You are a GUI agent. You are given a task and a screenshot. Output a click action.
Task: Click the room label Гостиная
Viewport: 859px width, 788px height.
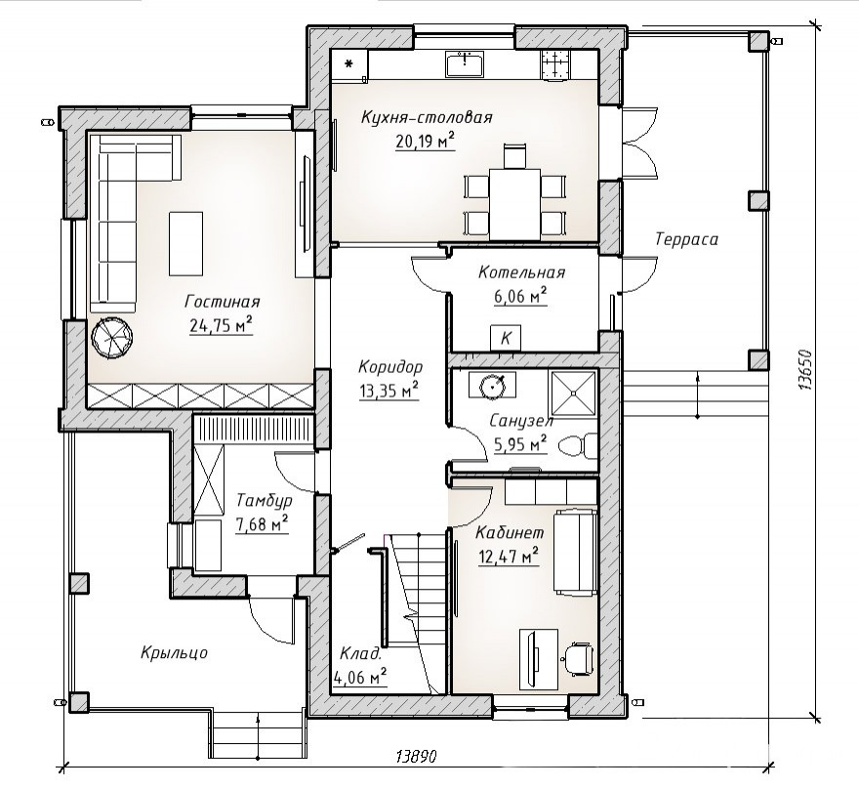[222, 302]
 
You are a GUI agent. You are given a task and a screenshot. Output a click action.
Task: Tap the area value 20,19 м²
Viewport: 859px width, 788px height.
[426, 141]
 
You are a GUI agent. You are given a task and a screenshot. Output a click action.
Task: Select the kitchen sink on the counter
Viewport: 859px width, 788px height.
[465, 64]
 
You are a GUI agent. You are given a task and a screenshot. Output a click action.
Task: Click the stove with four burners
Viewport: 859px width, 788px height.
[555, 64]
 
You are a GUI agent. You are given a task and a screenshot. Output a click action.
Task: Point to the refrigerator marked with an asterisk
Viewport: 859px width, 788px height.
[349, 65]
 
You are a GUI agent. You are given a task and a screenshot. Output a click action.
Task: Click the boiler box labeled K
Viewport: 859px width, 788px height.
[506, 338]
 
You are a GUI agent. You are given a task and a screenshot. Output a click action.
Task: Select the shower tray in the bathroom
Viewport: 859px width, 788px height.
[573, 393]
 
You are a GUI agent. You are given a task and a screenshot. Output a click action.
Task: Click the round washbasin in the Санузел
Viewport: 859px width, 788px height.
[491, 386]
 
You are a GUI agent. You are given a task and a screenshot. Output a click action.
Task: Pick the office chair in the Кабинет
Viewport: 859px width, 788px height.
[579, 657]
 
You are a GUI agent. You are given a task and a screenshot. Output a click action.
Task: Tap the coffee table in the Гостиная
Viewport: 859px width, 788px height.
[185, 244]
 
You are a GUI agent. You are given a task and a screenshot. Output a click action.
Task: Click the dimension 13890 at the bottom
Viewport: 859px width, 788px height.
[416, 757]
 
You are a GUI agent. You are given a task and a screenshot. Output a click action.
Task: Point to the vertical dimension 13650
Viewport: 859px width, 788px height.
[803, 370]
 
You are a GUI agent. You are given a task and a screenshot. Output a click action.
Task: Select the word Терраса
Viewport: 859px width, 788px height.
[686, 239]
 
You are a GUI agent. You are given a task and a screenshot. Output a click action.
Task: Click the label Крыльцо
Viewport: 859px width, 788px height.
[174, 652]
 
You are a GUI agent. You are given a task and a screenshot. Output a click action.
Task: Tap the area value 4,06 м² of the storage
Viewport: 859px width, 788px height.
[360, 678]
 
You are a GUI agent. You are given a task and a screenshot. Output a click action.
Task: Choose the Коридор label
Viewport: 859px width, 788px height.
[390, 366]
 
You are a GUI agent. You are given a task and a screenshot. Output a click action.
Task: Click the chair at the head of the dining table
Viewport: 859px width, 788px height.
[515, 155]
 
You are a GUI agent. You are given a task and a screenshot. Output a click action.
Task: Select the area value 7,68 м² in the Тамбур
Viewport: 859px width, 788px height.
[262, 524]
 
